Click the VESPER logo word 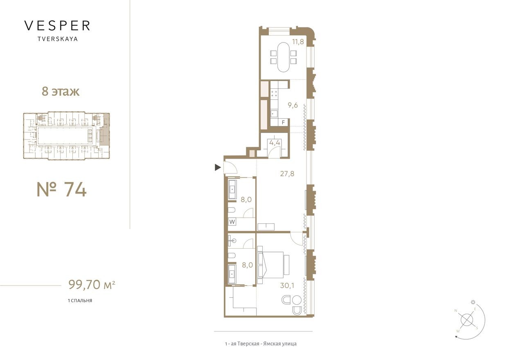pyautogui.click(x=57, y=26)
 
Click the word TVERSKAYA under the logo pyautogui.click(x=57, y=39)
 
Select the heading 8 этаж pyautogui.click(x=61, y=91)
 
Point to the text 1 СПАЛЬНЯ pyautogui.click(x=80, y=301)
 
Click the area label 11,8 pyautogui.click(x=297, y=41)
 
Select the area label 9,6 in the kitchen pyautogui.click(x=292, y=105)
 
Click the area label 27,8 pyautogui.click(x=287, y=173)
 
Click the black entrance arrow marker pyautogui.click(x=218, y=167)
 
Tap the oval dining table pyautogui.click(x=282, y=57)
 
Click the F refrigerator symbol pyautogui.click(x=283, y=122)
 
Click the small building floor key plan pyautogui.click(x=66, y=135)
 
